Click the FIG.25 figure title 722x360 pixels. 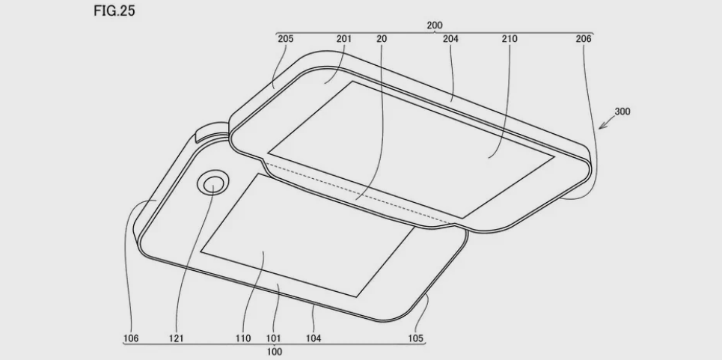tap(114, 10)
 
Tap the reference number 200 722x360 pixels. tap(434, 25)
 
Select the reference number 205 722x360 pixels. tap(286, 39)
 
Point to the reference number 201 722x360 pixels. tap(343, 39)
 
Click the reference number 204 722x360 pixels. tap(450, 39)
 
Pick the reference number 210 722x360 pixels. tap(510, 39)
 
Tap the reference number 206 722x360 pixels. tap(584, 39)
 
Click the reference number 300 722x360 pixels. tap(622, 112)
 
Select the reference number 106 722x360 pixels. tap(131, 339)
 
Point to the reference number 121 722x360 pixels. tap(176, 339)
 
